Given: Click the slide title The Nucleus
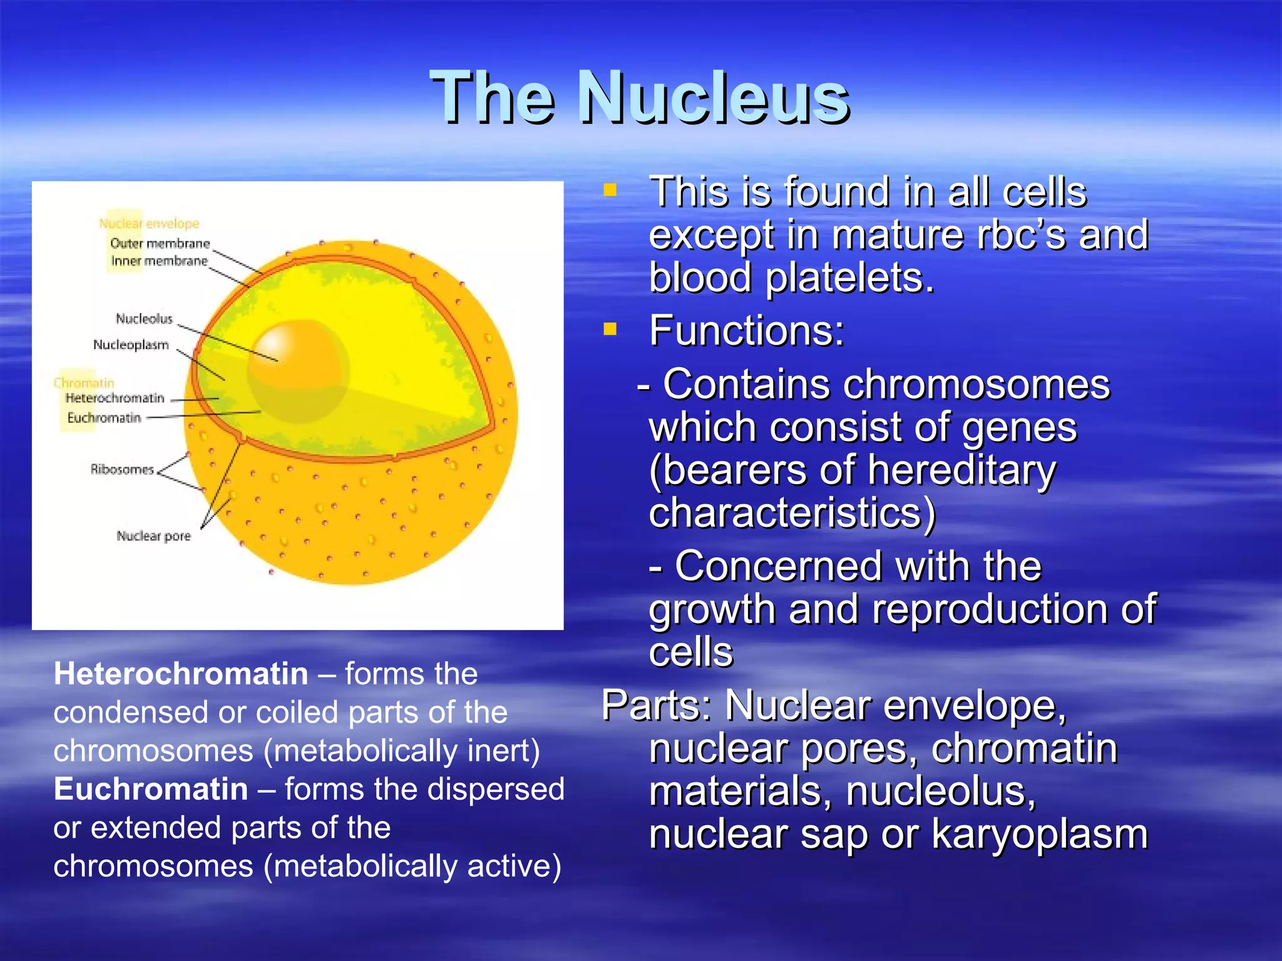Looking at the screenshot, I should pyautogui.click(x=640, y=97).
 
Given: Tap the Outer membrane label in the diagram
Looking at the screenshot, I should pyautogui.click(x=160, y=243).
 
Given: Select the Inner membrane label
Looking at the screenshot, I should pyautogui.click(x=159, y=261).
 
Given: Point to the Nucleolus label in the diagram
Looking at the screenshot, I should pyautogui.click(x=144, y=319).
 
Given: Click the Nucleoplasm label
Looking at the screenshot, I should pyautogui.click(x=131, y=345).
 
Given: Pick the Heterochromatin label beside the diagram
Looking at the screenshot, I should pyautogui.click(x=115, y=398).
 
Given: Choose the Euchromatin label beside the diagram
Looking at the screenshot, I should pyautogui.click(x=104, y=417).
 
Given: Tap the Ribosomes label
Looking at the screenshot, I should pyautogui.click(x=121, y=469).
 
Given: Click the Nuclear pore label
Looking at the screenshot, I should pyautogui.click(x=153, y=536).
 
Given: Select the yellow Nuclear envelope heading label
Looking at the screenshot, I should pyautogui.click(x=149, y=223).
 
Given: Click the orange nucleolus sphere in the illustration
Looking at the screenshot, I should pyautogui.click(x=297, y=369).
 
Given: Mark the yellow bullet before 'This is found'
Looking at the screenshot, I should pyautogui.click(x=610, y=190).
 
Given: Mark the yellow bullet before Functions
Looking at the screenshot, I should pyautogui.click(x=610, y=328).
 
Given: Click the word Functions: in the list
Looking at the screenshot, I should pyautogui.click(x=747, y=330).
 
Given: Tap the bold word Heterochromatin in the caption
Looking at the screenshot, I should pyautogui.click(x=181, y=674).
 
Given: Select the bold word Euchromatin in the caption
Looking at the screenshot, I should pyautogui.click(x=151, y=789).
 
